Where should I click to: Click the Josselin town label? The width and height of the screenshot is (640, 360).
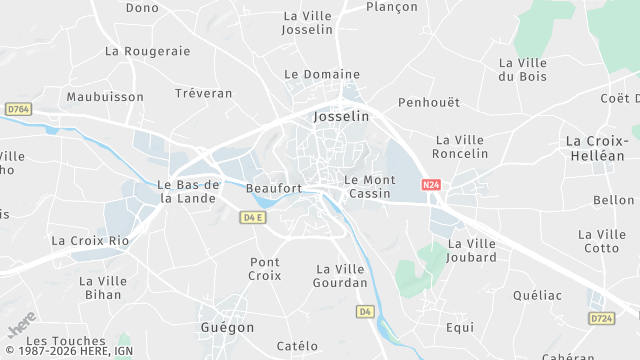[341, 117]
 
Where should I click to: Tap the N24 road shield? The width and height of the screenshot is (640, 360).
[431, 184]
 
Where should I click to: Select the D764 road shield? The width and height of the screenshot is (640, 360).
[18, 108]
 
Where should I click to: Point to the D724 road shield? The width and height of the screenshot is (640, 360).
[601, 318]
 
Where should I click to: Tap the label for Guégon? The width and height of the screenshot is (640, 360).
[226, 327]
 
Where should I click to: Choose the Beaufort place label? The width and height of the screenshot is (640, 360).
[273, 188]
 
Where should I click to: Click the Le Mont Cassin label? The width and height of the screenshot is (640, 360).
[371, 187]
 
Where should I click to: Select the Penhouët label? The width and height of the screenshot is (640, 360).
[428, 102]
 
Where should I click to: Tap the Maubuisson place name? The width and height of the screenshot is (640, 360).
[99, 97]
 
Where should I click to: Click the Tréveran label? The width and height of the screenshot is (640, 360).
[203, 93]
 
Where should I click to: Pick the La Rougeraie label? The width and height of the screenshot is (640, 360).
[147, 50]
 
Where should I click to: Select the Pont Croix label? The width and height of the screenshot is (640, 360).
[265, 268]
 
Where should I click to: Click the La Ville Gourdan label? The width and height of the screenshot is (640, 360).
[342, 276]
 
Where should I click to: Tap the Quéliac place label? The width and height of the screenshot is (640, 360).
[537, 295]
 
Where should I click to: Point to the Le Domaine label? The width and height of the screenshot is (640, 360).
[322, 74]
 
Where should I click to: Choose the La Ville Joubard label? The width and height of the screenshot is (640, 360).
[473, 250]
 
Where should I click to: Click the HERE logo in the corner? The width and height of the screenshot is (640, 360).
[21, 326]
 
